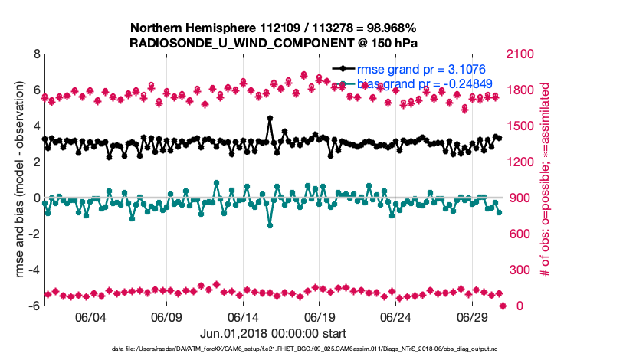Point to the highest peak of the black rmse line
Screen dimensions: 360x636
pos(270,119)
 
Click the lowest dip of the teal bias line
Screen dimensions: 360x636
pos(270,224)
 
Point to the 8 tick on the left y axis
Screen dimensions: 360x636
pos(36,54)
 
